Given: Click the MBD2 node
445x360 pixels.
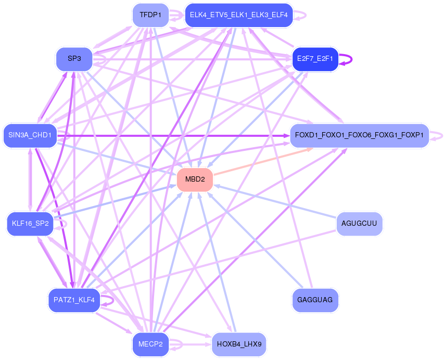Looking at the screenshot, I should pos(195,179).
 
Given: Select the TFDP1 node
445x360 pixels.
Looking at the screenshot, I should pos(150,15).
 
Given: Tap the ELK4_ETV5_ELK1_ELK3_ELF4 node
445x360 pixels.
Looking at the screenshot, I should pos(238,15).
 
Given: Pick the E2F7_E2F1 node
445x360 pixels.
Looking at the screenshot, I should pos(315,58).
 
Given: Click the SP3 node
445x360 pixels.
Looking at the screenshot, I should pos(74,59).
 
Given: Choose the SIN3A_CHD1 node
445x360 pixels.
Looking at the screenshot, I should pos(30,136).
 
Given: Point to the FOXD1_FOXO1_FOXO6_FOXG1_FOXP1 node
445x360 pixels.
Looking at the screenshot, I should pos(359,136).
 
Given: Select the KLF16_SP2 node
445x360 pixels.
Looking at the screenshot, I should pos(30,224).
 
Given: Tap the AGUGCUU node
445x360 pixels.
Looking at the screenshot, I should pos(360,224).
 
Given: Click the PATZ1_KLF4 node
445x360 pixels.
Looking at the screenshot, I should pos(74,300).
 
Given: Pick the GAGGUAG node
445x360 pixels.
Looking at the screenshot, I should pos(315,300).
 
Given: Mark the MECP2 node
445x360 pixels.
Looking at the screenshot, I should pos(150,344).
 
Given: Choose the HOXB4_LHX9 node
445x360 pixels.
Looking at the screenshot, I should pos(239,344).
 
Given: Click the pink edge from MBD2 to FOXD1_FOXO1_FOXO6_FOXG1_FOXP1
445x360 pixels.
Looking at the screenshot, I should pos(263,161).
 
